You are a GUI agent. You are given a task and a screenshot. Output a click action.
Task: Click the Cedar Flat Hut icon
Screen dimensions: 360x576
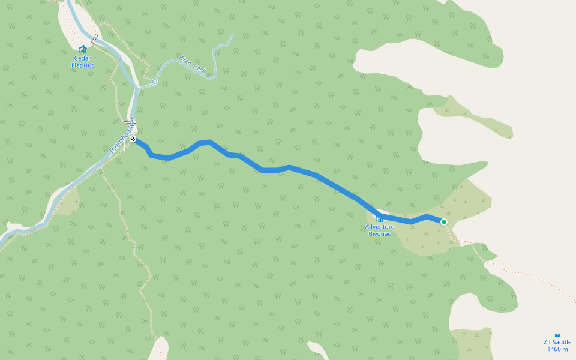coord(82,49)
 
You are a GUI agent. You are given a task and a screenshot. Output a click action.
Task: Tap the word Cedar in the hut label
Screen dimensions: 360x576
coord(82,58)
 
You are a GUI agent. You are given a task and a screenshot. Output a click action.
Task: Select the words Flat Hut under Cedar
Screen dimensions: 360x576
coord(82,65)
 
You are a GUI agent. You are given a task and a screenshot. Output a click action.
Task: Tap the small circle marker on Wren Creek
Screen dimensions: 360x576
coord(155,81)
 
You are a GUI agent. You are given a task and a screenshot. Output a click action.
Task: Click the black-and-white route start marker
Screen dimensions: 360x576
coord(133,139)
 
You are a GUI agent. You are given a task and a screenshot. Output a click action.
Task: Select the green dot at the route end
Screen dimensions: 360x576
coord(444,222)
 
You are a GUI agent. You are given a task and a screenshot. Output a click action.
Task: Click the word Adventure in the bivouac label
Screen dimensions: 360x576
coord(380,227)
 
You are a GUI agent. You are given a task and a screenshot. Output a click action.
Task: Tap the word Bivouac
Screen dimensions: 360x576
coord(380,233)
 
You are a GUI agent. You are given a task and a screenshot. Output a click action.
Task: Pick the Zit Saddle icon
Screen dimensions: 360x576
coord(557,335)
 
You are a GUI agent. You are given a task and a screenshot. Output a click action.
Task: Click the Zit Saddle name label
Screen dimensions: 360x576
coord(557,342)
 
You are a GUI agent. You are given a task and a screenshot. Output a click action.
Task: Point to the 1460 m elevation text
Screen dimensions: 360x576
coord(557,349)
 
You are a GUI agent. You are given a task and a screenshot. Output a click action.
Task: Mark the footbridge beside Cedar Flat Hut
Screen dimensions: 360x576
coord(94,39)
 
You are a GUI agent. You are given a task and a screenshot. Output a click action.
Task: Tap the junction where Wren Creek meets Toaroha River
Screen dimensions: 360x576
coord(137,89)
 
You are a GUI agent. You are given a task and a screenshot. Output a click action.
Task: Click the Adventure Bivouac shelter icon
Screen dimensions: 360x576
coord(379,218)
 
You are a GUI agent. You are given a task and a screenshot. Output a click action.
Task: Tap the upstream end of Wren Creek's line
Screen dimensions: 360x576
coord(232,34)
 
